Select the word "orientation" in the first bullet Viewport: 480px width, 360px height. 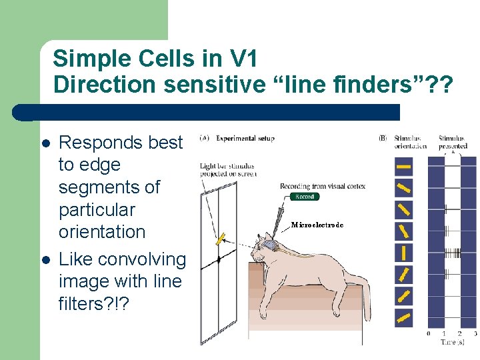coord(102,232)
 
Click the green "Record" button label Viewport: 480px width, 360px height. coord(305,197)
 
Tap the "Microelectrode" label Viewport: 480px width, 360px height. coord(317,225)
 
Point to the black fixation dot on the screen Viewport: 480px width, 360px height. coord(219,259)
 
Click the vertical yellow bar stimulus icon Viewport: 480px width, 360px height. coord(404,253)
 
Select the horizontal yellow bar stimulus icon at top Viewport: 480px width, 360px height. coord(404,166)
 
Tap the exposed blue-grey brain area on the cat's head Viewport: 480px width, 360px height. coord(269,246)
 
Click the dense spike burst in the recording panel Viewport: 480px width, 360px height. coord(452,253)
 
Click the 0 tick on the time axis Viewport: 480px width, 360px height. coord(429,333)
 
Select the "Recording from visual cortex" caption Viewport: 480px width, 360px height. coord(323,186)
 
